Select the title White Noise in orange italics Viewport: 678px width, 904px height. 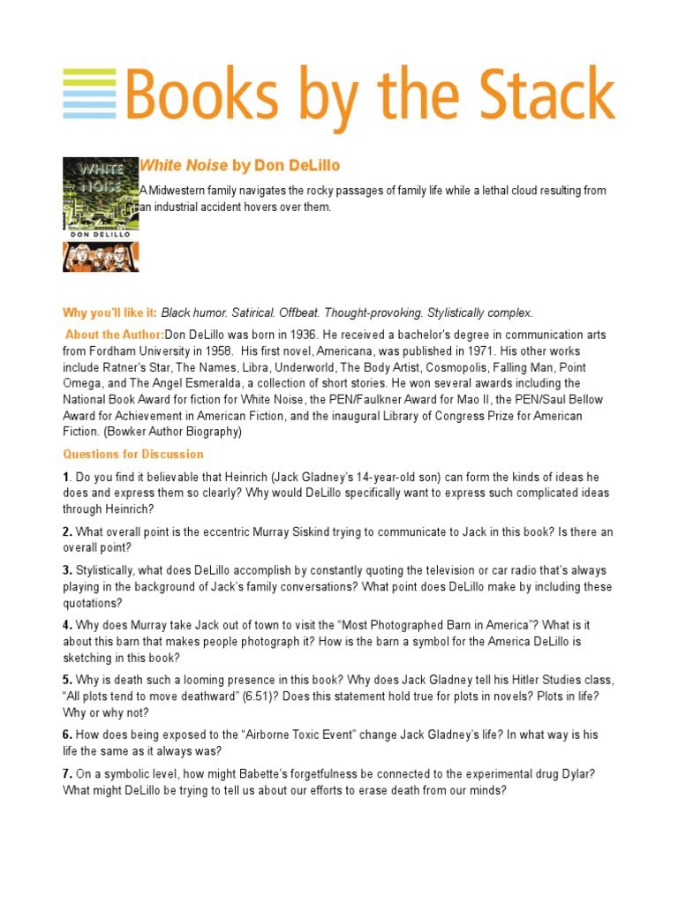183,166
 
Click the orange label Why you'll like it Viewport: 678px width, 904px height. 109,313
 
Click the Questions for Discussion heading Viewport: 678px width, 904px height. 132,454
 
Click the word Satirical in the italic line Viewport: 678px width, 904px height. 261,313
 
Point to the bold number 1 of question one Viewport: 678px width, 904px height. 65,478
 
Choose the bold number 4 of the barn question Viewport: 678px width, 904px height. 66,626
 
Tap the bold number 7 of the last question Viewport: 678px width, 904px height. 66,774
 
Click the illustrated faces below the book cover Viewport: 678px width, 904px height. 101,256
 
